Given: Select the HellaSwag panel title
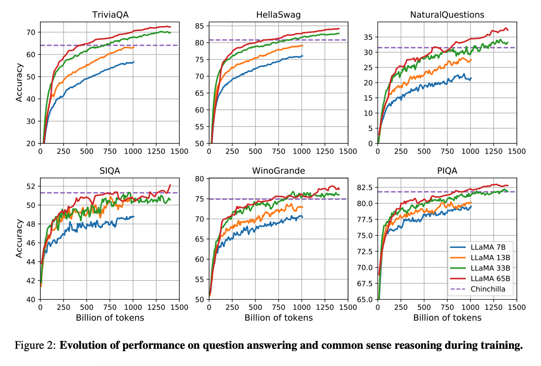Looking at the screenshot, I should pos(278,15).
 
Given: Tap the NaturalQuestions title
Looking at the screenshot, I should pos(447,15).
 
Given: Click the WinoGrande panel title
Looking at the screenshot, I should pos(278,171).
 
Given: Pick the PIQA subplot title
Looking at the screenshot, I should pos(447,171).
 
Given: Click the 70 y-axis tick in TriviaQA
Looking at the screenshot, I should pos(31,32).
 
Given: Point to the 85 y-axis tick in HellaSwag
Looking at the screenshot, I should pos(199,26).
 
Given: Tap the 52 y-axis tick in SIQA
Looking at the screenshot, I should pos(31,186).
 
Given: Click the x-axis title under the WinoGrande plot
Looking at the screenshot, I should pos(278,317).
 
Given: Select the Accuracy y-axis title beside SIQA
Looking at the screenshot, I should pos(19,238).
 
